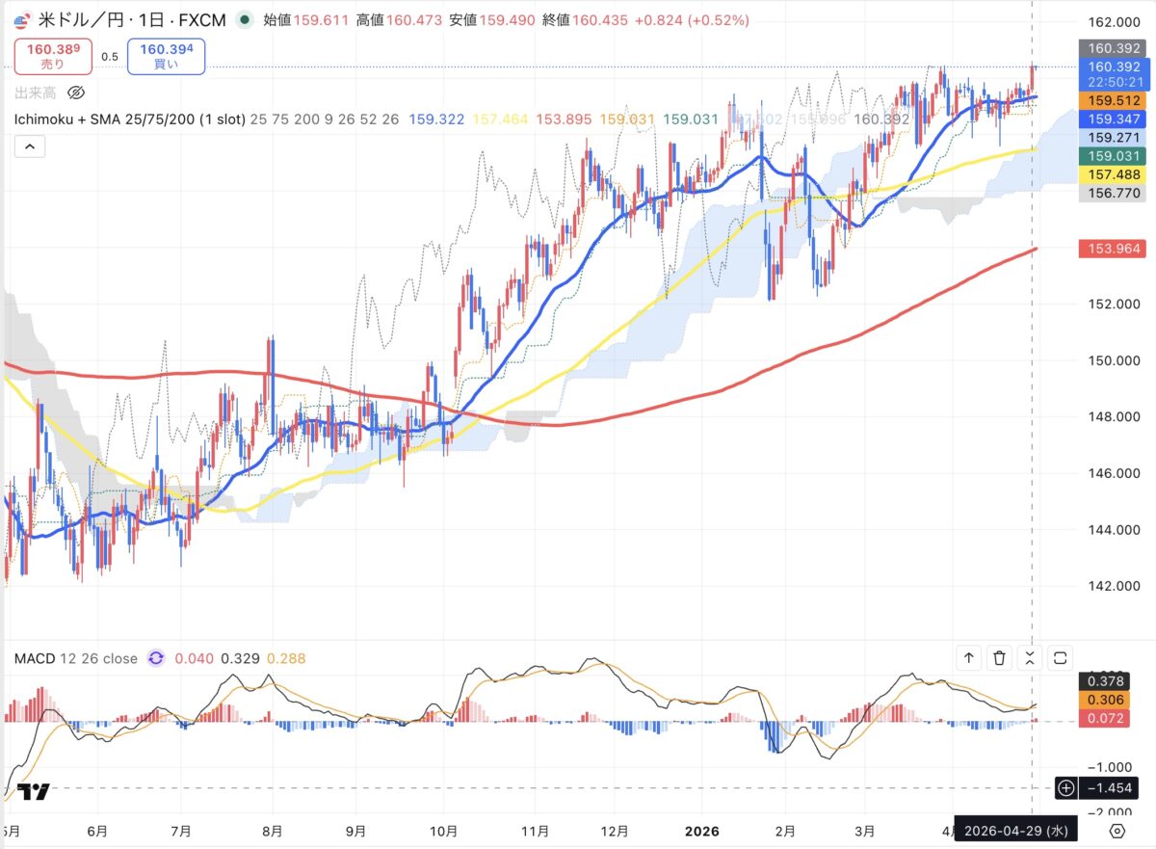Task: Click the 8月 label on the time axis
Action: coord(273,830)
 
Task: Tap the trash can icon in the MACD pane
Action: coord(1000,658)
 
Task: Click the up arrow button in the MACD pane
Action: coord(969,658)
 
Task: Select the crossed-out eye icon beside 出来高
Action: coord(78,93)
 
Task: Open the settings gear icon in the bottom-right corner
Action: coord(1117,830)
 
